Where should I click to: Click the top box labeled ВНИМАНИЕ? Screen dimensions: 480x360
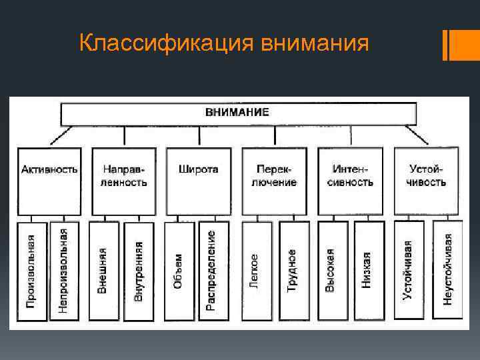[239, 113]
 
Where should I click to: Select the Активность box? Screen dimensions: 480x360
[50, 180]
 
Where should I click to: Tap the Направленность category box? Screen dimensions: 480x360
[124, 180]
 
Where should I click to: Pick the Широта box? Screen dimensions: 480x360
[199, 180]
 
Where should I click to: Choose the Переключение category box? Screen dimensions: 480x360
[275, 180]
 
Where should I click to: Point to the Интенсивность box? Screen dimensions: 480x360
[351, 180]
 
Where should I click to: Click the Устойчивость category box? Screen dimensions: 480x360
[427, 180]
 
